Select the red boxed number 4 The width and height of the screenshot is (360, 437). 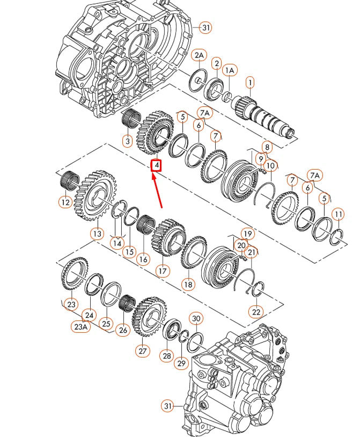(156, 166)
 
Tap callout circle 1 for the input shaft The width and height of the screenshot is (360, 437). (250, 83)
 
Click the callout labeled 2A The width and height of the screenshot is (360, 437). (199, 56)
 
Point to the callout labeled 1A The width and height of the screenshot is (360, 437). (230, 70)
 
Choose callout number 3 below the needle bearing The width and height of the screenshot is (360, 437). (127, 142)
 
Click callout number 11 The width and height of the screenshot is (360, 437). (337, 215)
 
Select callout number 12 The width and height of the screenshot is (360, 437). (65, 202)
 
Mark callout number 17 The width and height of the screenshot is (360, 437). (163, 271)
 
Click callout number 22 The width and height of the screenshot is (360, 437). (256, 311)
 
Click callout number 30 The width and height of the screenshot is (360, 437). (196, 319)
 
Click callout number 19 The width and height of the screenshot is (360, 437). (246, 234)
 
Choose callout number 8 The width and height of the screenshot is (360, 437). (267, 146)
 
